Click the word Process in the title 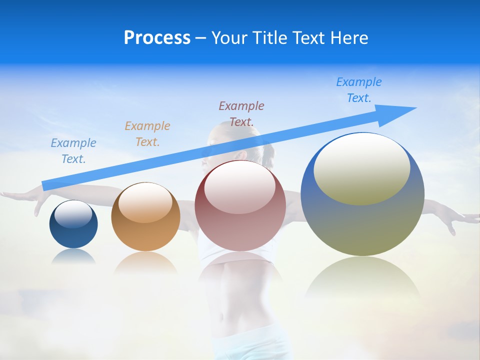pyautogui.click(x=157, y=38)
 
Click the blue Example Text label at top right pyautogui.click(x=359, y=90)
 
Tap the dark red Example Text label pyautogui.click(x=241, y=113)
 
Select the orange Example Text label pyautogui.click(x=147, y=133)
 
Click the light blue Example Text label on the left pyautogui.click(x=73, y=150)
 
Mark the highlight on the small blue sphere pyautogui.click(x=73, y=214)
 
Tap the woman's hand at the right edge pyautogui.click(x=457, y=220)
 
